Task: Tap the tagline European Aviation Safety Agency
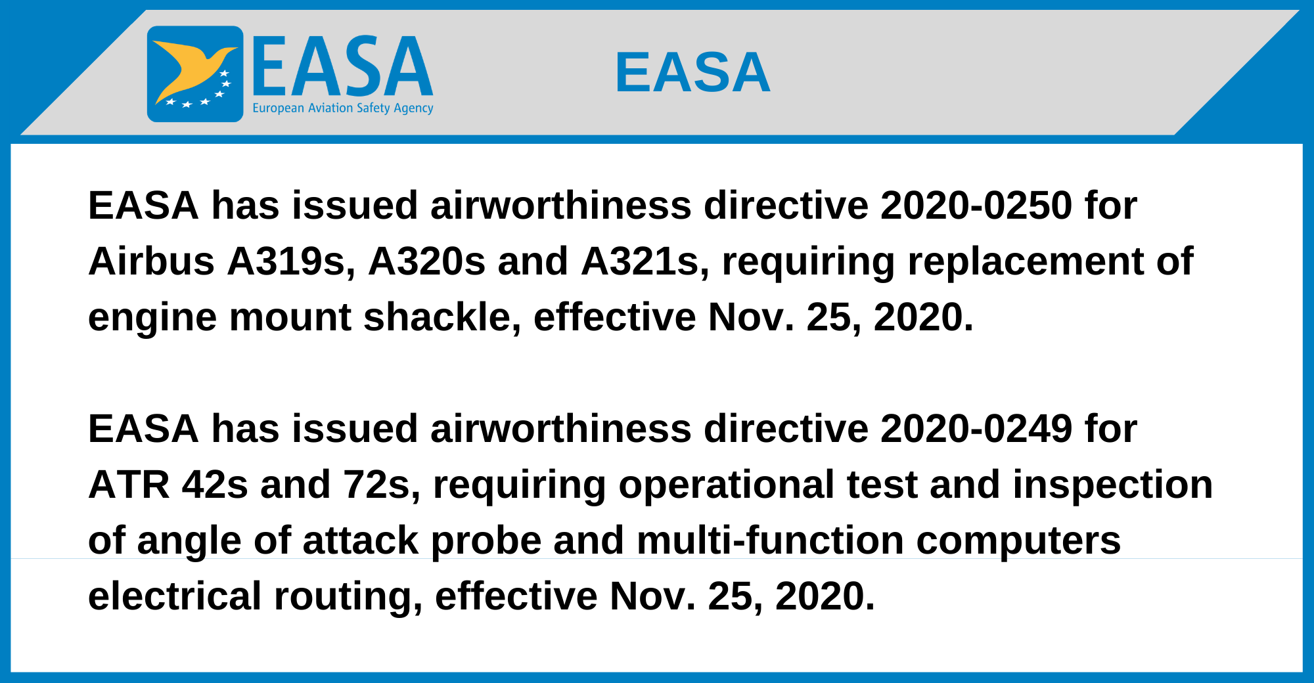coord(343,108)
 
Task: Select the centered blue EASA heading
coord(692,72)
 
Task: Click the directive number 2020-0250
coord(976,205)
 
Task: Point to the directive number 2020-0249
coord(976,428)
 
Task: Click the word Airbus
coord(151,261)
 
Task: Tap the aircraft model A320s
coord(426,261)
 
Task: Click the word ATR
coord(129,485)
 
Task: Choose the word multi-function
coord(770,540)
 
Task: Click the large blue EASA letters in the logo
coord(343,66)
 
